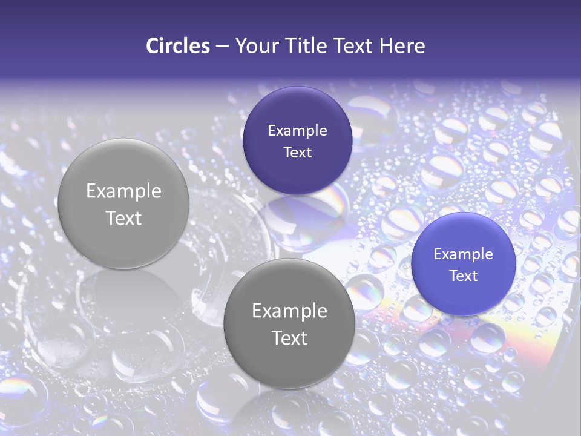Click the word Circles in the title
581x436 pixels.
pyautogui.click(x=177, y=46)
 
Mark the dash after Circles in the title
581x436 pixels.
pyautogui.click(x=222, y=47)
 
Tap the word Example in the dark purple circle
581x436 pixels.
pyautogui.click(x=297, y=131)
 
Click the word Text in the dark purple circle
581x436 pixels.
pyautogui.click(x=297, y=152)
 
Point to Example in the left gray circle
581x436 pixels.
pyautogui.click(x=123, y=191)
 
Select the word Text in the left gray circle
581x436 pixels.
pyautogui.click(x=123, y=218)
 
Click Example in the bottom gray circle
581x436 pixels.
pyautogui.click(x=289, y=311)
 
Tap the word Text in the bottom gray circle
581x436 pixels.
pyautogui.click(x=289, y=338)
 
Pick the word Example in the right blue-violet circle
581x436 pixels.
pyautogui.click(x=464, y=254)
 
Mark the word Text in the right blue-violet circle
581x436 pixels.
pyautogui.click(x=464, y=276)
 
